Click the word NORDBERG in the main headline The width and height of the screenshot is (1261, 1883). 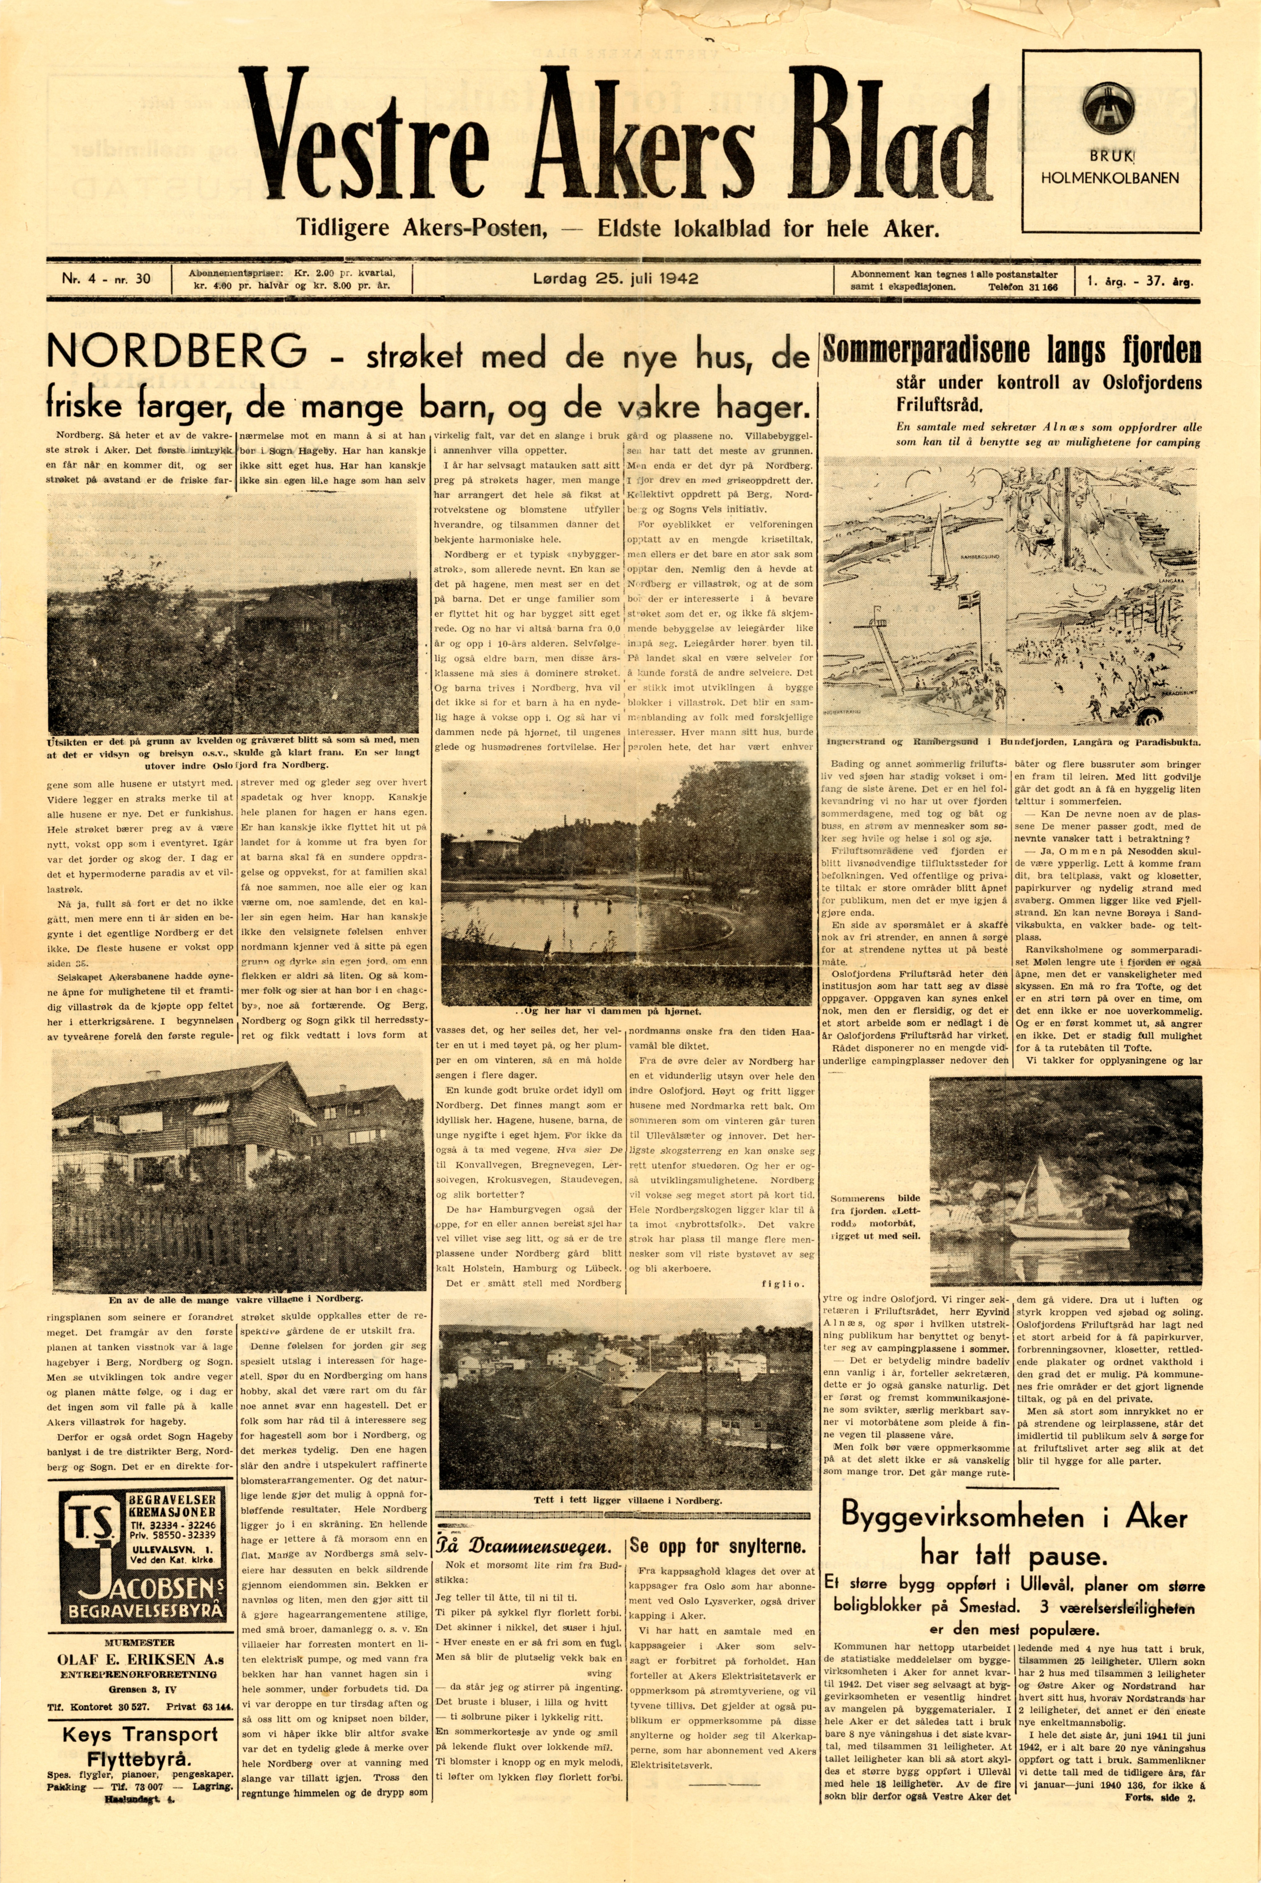pos(177,351)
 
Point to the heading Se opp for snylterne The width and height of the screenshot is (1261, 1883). pos(718,1545)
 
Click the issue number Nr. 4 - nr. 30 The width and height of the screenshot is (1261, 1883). pos(107,280)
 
